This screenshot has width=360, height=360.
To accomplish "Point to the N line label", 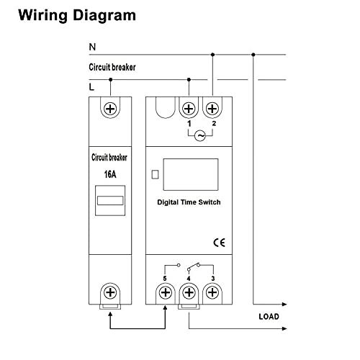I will pos(92,48).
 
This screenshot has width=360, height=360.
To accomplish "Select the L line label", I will pos(92,86).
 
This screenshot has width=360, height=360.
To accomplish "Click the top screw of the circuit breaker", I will pos(111,109).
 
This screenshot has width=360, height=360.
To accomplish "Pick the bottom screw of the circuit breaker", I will pos(111,292).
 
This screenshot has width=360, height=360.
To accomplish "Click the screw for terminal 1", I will pos(189,109).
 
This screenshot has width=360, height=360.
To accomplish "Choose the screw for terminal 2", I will pos(213,109).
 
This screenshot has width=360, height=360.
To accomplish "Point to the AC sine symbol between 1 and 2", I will pos(201,135).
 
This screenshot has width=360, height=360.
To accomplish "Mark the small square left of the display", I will pos(155,174).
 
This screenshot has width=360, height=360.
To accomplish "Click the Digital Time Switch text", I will pos(189,203).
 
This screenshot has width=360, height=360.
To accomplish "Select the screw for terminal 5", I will pos(165,292).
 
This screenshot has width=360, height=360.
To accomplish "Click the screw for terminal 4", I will pos(189,292).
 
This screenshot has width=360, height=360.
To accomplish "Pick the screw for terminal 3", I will pos(213,292).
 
